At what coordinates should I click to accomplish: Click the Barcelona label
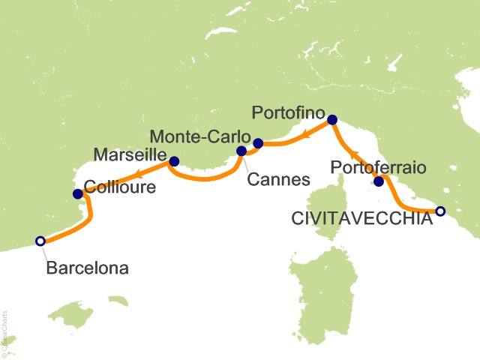(x=86, y=267)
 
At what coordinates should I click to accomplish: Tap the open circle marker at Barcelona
(x=40, y=241)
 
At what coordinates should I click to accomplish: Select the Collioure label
(x=120, y=188)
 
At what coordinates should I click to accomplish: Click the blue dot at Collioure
(x=77, y=194)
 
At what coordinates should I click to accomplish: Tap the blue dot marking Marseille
(x=174, y=160)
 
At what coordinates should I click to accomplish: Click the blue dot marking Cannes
(x=241, y=151)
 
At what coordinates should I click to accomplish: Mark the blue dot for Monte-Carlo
(x=258, y=143)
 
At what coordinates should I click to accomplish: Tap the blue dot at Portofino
(x=332, y=119)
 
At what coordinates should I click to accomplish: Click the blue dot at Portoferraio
(x=379, y=181)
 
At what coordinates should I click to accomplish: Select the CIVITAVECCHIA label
(x=361, y=218)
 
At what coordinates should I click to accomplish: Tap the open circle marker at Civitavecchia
(x=440, y=211)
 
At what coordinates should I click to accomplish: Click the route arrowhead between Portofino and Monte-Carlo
(x=307, y=135)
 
